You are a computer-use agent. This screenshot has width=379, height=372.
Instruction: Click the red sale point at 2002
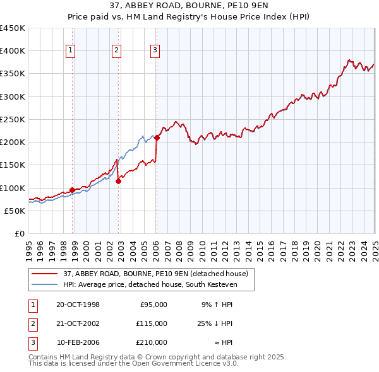(119, 182)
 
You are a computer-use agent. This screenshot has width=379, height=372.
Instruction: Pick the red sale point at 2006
(157, 138)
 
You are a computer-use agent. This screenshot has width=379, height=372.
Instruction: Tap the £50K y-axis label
(15, 211)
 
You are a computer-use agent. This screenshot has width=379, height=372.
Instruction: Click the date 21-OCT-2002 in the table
(78, 323)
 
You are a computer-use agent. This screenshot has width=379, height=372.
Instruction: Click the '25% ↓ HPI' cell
(215, 323)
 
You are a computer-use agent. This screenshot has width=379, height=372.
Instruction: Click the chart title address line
(189, 8)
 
